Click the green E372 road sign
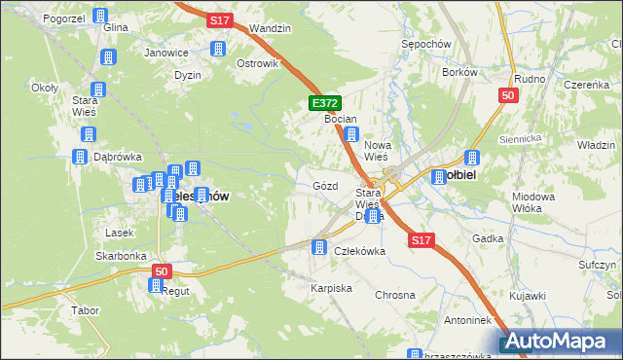(324, 102)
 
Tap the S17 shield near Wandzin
(219, 18)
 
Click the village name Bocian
(341, 118)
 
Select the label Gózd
(326, 185)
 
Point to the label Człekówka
(360, 250)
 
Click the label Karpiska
(331, 289)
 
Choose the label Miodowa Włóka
(532, 202)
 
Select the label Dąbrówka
(119, 156)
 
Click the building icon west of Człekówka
(317, 248)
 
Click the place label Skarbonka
(121, 256)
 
